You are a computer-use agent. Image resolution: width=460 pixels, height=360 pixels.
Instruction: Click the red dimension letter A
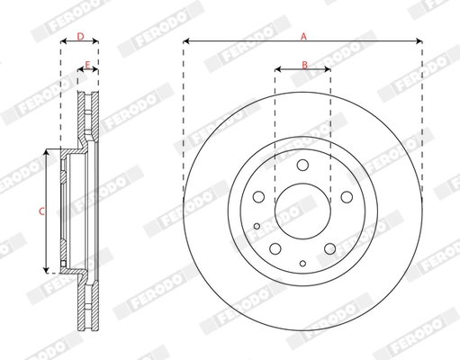[x=303, y=36]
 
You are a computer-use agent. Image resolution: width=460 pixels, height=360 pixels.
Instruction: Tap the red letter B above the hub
[x=304, y=65]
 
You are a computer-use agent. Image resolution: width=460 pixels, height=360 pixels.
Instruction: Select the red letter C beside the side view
[x=39, y=211]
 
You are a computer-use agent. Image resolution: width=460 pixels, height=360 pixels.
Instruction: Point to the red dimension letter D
[x=79, y=37]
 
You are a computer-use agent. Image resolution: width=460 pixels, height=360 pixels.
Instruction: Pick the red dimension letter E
[x=87, y=65]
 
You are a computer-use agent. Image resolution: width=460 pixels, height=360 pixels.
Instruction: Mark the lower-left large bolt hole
[x=275, y=247]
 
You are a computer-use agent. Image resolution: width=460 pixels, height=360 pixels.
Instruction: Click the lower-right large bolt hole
[x=329, y=247]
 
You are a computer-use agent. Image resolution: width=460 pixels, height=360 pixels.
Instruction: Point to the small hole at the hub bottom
[x=302, y=263]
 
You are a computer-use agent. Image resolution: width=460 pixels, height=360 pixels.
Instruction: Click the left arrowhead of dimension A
[x=185, y=42]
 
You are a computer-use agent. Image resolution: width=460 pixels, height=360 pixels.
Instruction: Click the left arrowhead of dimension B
[x=277, y=70]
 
